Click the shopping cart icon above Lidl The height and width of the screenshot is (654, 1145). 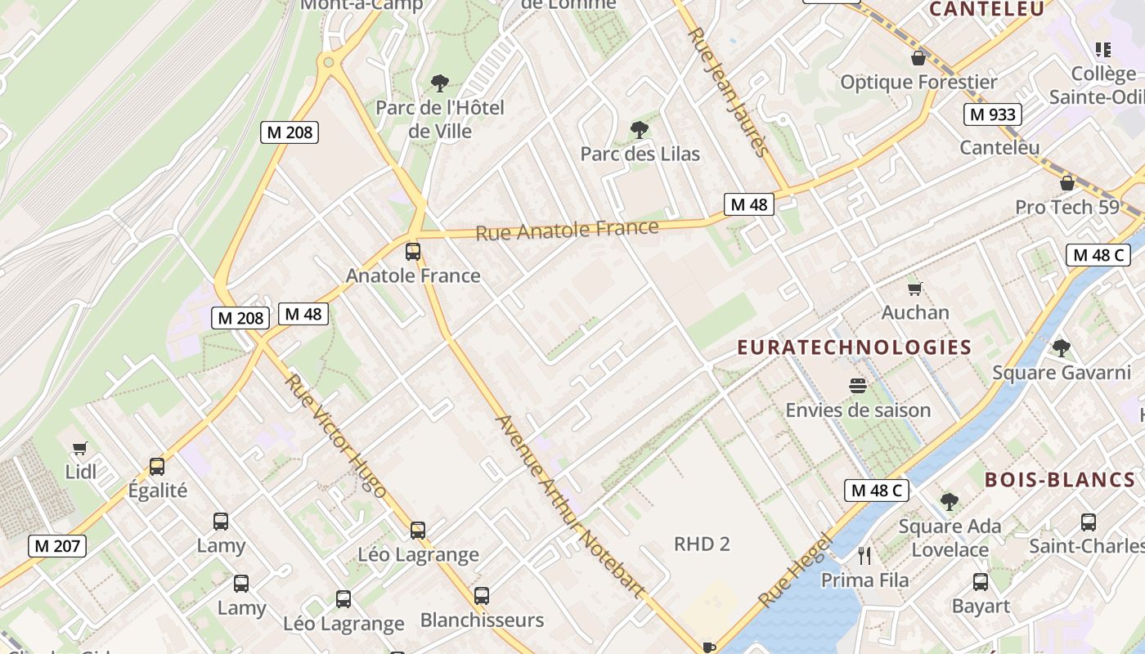point(79,448)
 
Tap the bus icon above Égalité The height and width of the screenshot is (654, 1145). point(157,467)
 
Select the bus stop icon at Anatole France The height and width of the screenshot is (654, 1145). point(413,251)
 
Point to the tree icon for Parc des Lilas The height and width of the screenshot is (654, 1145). point(640,129)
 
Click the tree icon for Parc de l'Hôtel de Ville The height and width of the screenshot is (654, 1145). point(440,83)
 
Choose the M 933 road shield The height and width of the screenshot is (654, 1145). point(993,114)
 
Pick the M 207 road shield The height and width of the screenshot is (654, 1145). point(57,545)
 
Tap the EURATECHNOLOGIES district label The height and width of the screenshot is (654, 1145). point(855,347)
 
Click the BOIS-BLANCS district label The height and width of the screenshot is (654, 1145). point(1060,480)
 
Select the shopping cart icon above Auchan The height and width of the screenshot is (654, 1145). point(915,289)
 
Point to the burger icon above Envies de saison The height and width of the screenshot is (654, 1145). point(858,385)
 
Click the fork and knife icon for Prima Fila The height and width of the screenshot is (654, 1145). point(864,556)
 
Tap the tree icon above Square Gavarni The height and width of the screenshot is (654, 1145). point(1062,348)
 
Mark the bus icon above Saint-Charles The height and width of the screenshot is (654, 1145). point(1089,522)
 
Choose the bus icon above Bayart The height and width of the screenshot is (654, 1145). point(981,582)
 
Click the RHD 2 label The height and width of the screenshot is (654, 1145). point(702,544)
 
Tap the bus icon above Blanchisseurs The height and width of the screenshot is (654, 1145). point(482,596)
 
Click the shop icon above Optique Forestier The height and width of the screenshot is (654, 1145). point(919,58)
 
